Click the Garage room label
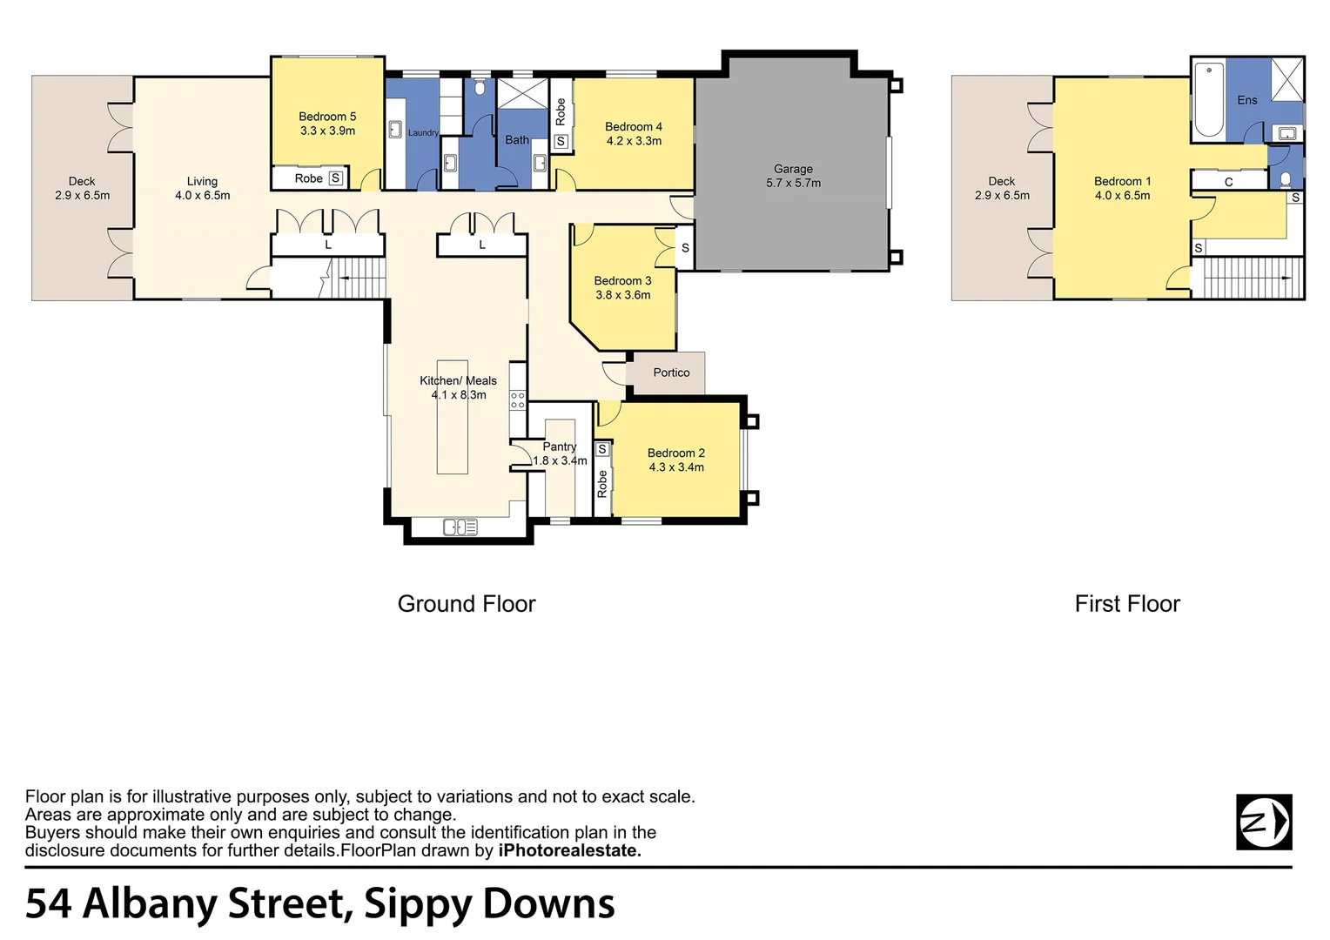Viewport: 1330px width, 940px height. click(x=793, y=169)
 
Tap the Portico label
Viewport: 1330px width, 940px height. click(x=671, y=373)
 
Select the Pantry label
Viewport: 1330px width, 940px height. click(x=560, y=446)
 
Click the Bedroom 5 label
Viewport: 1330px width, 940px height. click(x=327, y=117)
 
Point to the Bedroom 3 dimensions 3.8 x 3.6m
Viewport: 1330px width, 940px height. click(x=623, y=295)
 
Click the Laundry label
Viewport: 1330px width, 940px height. click(x=423, y=133)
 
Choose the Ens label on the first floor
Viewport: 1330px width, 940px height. click(x=1246, y=100)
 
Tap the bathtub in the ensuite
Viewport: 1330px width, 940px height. click(x=1208, y=99)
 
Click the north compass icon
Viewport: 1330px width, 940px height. click(x=1264, y=822)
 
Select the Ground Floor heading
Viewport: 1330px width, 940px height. click(x=467, y=604)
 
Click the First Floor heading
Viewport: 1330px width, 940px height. click(x=1127, y=604)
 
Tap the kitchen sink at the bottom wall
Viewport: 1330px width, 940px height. click(x=460, y=527)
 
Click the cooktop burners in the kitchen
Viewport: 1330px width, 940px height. click(x=518, y=399)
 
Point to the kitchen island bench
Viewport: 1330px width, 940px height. click(x=452, y=418)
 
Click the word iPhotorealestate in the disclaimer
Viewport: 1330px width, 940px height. click(x=569, y=851)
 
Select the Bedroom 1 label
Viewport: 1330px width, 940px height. click(x=1122, y=181)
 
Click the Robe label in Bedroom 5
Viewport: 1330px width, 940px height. click(x=308, y=178)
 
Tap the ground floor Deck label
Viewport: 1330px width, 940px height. click(x=82, y=181)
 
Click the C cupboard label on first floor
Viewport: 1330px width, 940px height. click(x=1228, y=182)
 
